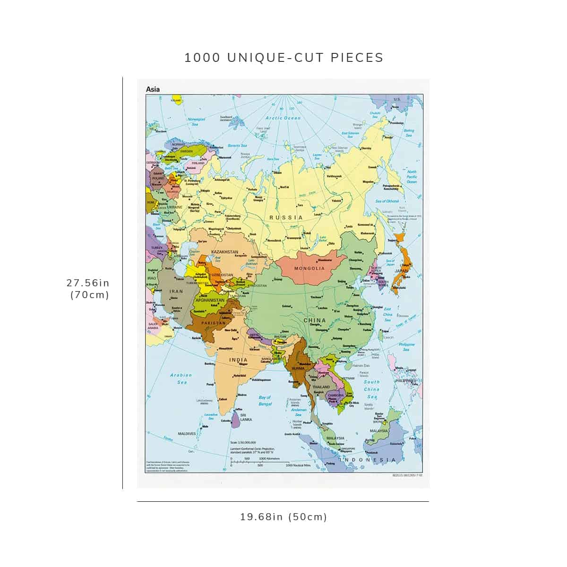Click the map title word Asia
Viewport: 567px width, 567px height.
point(153,89)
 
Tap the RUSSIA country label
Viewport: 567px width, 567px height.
point(286,217)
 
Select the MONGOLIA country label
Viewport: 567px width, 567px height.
point(309,268)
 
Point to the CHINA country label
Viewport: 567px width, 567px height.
point(315,320)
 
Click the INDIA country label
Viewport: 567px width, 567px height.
point(238,360)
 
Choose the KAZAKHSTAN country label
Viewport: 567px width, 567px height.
point(224,252)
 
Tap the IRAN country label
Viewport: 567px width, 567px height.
point(176,292)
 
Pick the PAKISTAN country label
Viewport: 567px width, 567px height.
point(213,323)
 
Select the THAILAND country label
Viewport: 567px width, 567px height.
point(321,387)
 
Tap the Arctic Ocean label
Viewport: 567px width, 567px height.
point(283,118)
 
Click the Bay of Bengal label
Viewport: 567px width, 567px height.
point(265,401)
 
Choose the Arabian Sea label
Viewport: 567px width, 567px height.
point(181,378)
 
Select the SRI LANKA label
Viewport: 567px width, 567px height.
point(246,417)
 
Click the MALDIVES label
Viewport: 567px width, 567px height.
point(187,434)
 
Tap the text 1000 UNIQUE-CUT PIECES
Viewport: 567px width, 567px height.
point(283,58)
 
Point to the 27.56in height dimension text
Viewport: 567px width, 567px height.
point(88,283)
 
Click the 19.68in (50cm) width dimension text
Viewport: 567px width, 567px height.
point(283,517)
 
